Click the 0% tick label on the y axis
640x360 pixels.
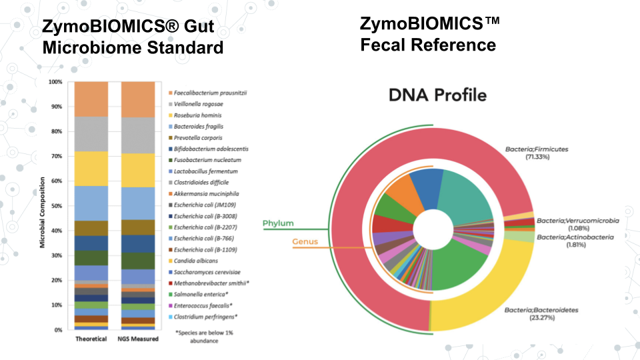(57, 330)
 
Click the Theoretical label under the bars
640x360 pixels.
(91, 339)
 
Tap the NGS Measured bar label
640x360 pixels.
(139, 339)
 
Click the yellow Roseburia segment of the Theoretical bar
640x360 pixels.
(91, 169)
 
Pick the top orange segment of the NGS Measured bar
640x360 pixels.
(139, 99)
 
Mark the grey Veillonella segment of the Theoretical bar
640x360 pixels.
(91, 134)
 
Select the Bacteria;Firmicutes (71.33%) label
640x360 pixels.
(537, 153)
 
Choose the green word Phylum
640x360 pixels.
(278, 223)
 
